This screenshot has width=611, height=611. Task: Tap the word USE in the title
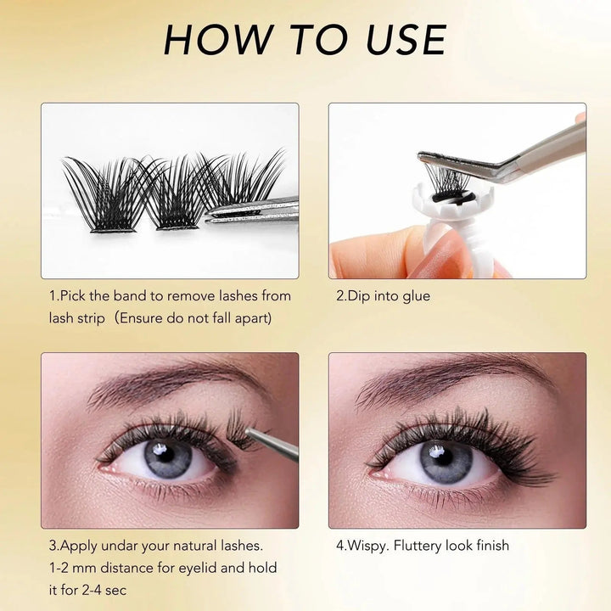click(406, 39)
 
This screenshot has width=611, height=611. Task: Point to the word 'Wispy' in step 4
click(367, 546)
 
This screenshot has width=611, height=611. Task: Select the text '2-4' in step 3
click(92, 591)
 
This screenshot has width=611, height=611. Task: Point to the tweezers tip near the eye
click(248, 430)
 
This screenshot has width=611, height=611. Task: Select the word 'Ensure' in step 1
click(140, 318)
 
